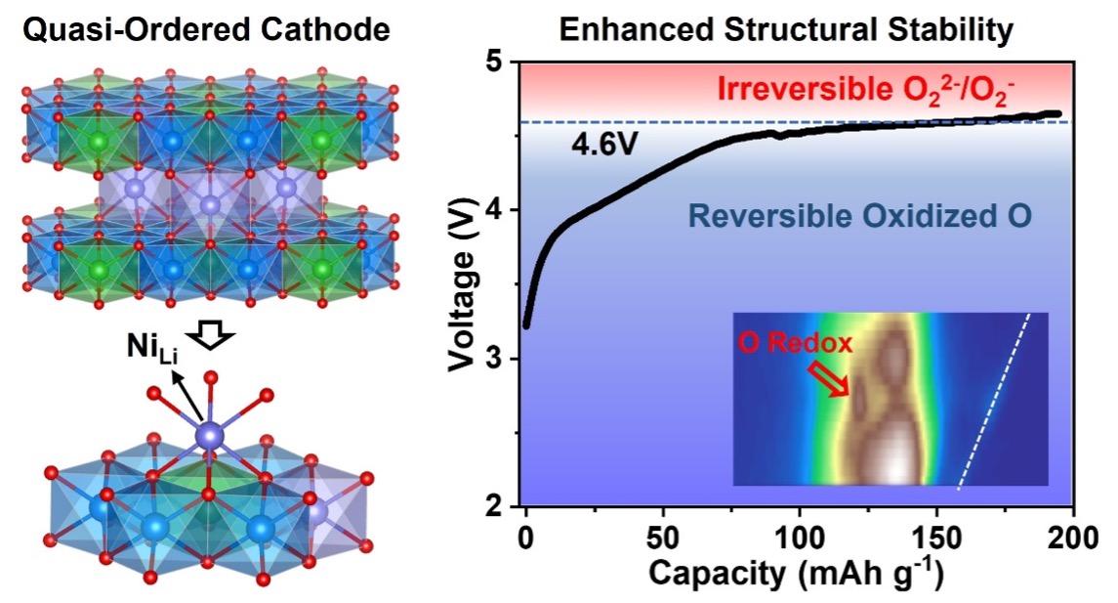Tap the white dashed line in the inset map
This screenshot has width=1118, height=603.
click(994, 401)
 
